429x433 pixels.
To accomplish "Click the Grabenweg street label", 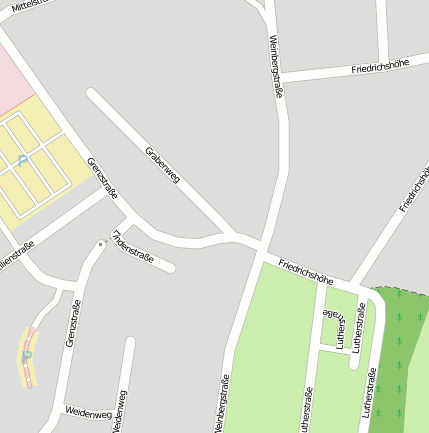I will pos(163,166).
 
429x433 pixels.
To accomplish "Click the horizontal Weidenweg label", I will pos(88,411).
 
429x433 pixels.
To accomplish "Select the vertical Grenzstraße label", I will pos(72,322).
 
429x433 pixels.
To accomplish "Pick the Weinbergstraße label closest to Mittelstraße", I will pos(276,66).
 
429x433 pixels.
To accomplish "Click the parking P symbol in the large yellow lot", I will pos(22,160).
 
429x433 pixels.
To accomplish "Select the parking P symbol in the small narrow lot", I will pos(27,354).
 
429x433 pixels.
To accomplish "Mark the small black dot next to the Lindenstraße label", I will pos(100,243).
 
